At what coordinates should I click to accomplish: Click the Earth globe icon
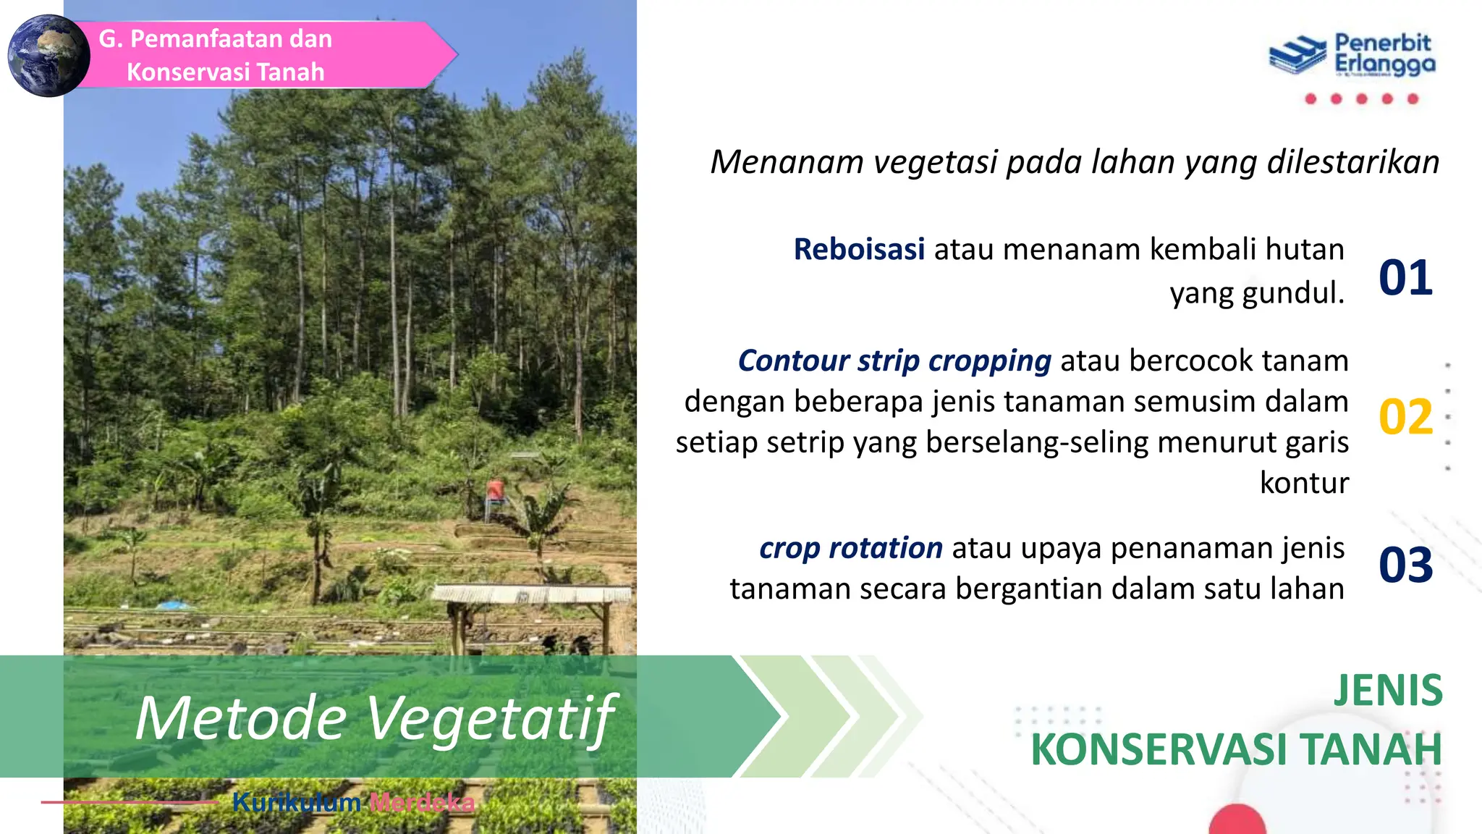(48, 56)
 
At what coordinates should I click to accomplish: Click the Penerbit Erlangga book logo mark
(1297, 55)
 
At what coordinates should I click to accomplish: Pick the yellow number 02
(1405, 417)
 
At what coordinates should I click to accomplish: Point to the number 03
(1405, 565)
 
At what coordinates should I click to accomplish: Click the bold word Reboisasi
(859, 249)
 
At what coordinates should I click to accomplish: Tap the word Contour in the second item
(792, 361)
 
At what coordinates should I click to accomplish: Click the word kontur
(1304, 483)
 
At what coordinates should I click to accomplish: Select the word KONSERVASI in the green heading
(1159, 749)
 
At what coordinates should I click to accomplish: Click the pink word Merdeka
(422, 802)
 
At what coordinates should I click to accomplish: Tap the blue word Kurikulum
(297, 802)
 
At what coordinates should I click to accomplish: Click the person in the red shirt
(496, 492)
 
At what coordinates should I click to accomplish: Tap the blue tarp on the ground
(174, 605)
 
